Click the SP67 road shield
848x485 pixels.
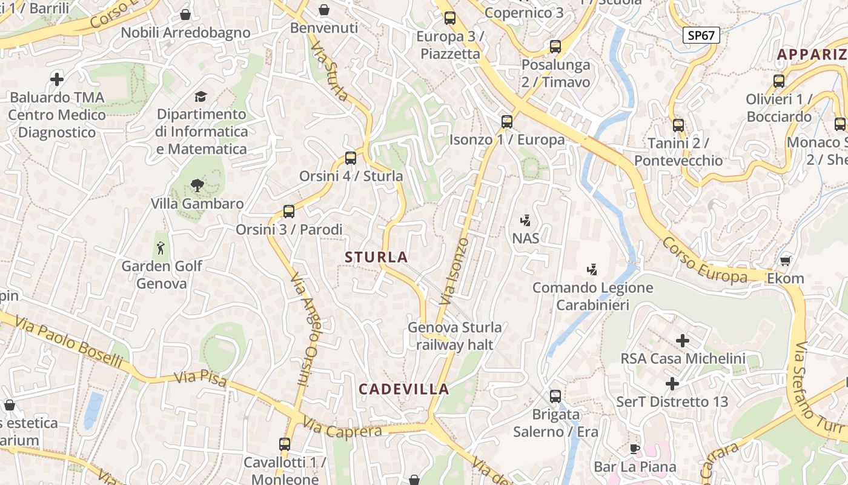(x=701, y=35)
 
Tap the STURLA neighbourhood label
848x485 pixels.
(x=376, y=257)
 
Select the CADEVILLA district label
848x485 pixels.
(x=404, y=389)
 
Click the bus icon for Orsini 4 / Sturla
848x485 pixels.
(x=350, y=158)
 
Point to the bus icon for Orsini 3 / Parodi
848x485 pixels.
(x=289, y=212)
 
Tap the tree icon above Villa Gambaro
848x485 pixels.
(x=197, y=186)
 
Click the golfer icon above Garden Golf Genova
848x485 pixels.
(x=161, y=248)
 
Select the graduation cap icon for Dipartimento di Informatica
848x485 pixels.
(x=200, y=96)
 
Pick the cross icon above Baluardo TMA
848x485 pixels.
(x=57, y=79)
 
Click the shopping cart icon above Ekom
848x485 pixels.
(x=786, y=261)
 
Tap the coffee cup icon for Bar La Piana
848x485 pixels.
(x=634, y=449)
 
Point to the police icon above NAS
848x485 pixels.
(x=526, y=220)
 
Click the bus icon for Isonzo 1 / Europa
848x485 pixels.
(x=507, y=122)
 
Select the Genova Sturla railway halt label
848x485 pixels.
(x=454, y=336)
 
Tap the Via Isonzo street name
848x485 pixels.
(x=454, y=271)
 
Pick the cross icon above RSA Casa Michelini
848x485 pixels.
(x=683, y=341)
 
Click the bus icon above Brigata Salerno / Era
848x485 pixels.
(x=555, y=396)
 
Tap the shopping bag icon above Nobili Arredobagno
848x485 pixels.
(x=185, y=15)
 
